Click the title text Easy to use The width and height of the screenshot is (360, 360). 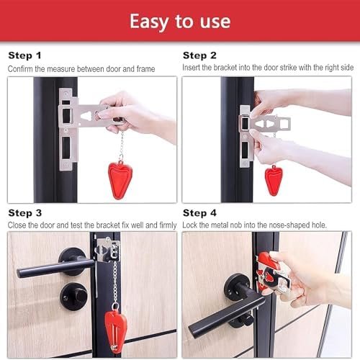(x=179, y=21)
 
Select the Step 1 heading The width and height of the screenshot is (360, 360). (x=25, y=55)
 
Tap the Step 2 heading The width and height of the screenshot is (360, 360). (x=199, y=55)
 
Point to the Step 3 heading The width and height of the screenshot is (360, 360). (x=25, y=214)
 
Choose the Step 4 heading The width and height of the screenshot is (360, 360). (x=199, y=214)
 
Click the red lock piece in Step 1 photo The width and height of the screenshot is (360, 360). (x=120, y=176)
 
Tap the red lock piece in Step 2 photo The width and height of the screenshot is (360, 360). (x=274, y=179)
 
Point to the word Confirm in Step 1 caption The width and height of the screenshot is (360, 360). (x=22, y=68)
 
